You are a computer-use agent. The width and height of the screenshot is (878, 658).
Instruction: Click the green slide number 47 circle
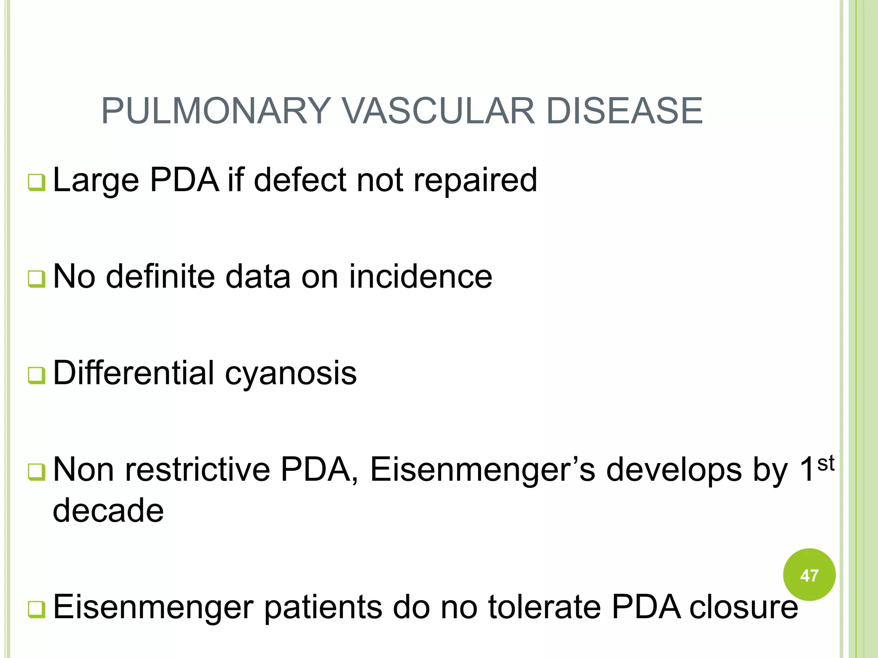tap(809, 575)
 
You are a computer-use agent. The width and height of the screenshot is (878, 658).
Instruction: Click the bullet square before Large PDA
tap(36, 182)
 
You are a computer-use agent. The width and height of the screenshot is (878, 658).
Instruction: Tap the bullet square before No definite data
tap(36, 279)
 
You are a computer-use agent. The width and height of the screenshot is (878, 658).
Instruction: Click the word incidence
tap(421, 277)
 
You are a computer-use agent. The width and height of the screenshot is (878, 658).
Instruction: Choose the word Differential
tap(133, 373)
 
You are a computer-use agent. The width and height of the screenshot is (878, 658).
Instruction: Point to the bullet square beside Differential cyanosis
tap(36, 376)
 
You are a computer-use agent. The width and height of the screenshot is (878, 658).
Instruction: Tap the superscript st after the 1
tap(825, 464)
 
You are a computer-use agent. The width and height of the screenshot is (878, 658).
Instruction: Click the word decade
tap(108, 511)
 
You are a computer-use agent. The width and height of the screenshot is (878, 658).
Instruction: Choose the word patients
tap(323, 607)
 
